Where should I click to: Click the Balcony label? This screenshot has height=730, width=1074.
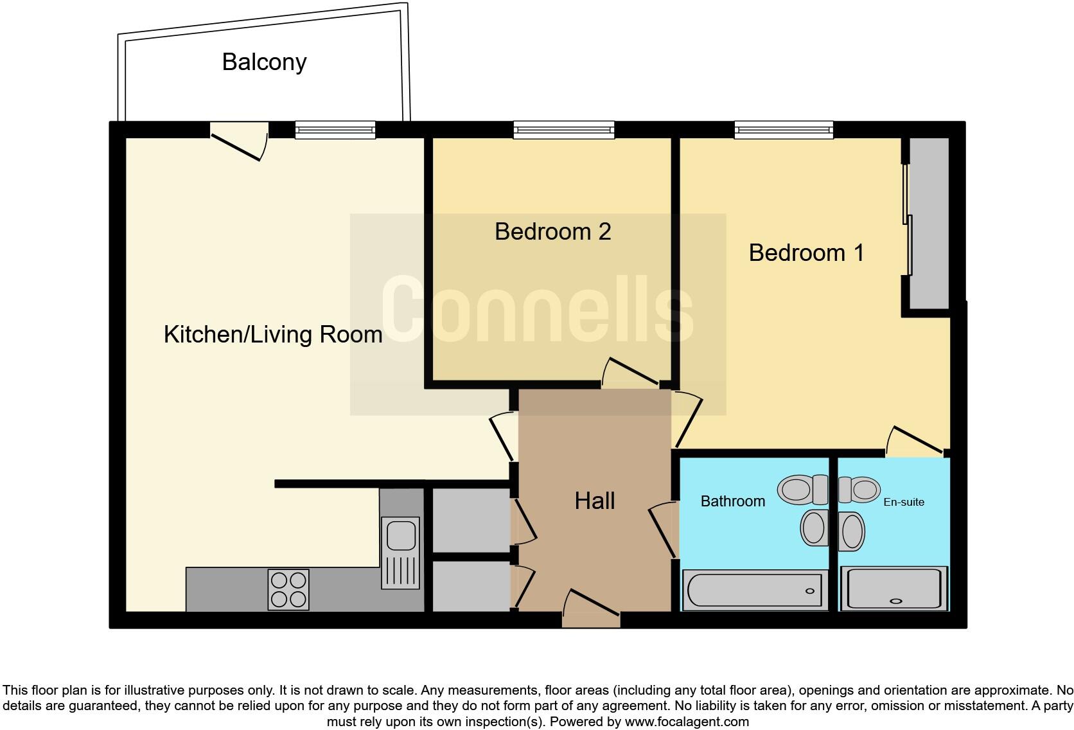coord(264,62)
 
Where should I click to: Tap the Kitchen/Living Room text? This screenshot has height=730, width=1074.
coord(273,334)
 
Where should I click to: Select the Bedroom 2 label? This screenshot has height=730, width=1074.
coord(552,231)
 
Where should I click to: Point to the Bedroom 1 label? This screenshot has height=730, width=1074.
coord(806,253)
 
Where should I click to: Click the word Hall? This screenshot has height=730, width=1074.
coord(594,501)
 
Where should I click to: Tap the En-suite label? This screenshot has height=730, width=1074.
coord(903,502)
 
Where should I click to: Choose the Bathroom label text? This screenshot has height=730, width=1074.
coord(732,501)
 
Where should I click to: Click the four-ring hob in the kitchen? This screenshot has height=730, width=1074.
coord(288,589)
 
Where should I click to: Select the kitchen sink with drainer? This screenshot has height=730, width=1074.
coord(401,553)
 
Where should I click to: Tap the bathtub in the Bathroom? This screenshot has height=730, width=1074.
coord(754,590)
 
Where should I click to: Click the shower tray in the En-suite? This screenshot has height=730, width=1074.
coord(894,588)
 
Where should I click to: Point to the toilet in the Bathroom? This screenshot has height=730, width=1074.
coord(803,490)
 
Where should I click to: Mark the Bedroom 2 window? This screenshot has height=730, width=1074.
coord(563,130)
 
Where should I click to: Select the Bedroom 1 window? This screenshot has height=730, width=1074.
coord(784,130)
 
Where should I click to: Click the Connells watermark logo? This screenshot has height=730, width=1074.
coord(537,311)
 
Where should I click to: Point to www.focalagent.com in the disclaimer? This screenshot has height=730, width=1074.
coord(687,722)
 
